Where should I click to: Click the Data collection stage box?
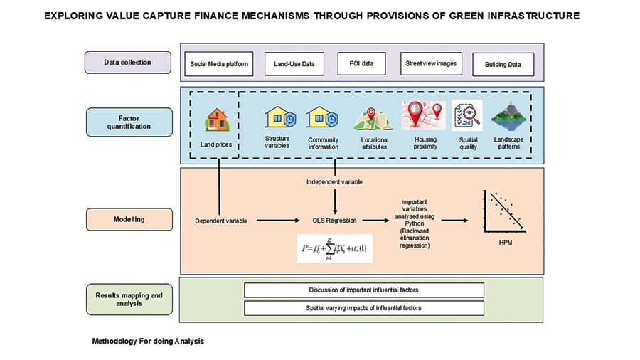128,63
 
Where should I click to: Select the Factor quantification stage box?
129,122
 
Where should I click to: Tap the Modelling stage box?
129,219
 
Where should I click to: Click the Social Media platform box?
219,64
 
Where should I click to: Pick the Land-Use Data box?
294,64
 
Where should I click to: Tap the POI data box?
361,63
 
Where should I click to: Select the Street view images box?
430,63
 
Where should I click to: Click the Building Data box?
503,65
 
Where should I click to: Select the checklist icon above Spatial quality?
467,115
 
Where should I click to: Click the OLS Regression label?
335,221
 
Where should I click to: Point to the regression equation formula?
334,248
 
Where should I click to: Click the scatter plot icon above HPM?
503,212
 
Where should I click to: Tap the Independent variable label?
334,182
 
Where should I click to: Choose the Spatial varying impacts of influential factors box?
363,308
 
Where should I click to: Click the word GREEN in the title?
455,15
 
